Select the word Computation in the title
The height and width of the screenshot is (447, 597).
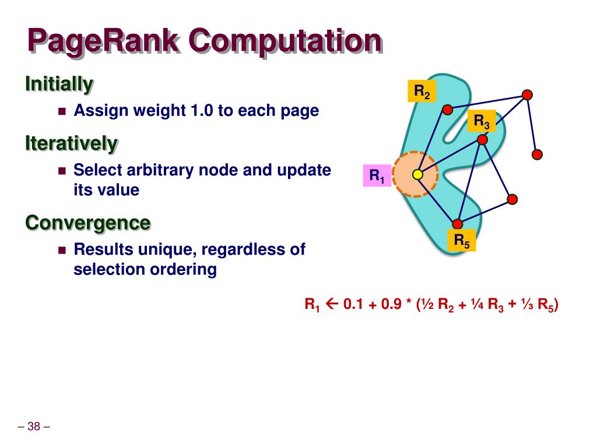point(285,42)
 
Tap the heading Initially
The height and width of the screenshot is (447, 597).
point(59,84)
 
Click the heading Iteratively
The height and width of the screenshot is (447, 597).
point(71,143)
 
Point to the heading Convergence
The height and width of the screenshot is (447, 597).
point(87,222)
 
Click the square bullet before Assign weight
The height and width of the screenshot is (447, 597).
point(62,111)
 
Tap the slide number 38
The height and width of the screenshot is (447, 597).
point(34,427)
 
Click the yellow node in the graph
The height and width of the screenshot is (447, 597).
point(417,174)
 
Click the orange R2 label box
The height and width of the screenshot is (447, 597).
point(422,91)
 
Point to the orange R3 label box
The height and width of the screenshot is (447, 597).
point(481,121)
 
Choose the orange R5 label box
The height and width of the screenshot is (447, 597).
point(462,240)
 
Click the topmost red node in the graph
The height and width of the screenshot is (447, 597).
point(527,94)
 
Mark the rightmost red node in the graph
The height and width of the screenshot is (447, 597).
point(538,154)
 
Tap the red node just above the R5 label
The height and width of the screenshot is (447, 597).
point(458,224)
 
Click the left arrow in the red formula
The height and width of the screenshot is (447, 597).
point(333,304)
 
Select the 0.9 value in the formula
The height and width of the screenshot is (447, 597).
point(392,304)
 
